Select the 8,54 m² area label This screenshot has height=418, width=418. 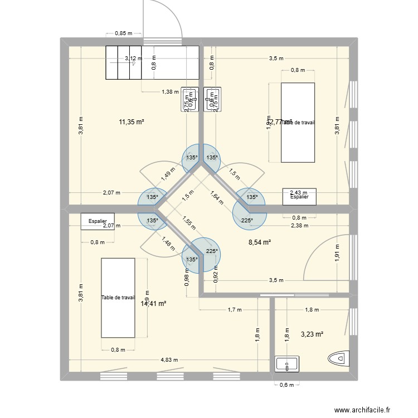259,242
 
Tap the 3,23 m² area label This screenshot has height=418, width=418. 312,334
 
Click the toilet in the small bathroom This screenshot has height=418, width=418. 339,361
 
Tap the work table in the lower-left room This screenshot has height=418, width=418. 118,298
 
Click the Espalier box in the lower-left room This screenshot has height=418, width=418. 98,221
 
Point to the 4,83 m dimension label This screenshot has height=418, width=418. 169,359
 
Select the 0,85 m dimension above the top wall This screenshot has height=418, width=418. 124,33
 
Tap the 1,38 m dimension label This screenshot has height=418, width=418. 170,91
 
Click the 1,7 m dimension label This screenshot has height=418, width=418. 235,309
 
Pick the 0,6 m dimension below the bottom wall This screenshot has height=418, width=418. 287,385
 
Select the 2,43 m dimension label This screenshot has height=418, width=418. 298,193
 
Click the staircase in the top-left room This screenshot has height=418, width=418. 152,64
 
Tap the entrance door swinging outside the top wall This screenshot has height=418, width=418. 163,22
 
